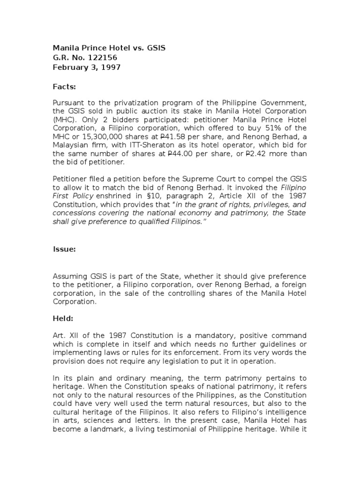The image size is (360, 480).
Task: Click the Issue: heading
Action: [x=64, y=249]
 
